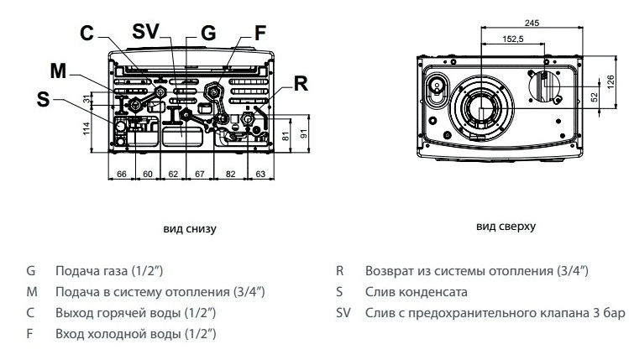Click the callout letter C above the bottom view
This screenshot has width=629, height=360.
coord(88,34)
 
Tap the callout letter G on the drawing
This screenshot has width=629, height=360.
coord(208,34)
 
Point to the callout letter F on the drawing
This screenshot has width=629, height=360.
coord(260,34)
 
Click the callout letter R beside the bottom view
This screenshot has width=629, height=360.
coord(301,84)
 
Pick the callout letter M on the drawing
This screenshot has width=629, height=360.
coord(58,69)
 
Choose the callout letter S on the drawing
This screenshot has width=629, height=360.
coord(44,98)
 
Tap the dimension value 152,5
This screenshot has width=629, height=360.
coord(513,39)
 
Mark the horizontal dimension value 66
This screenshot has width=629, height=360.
coord(121,174)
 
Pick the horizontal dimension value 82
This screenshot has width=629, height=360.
coord(230,174)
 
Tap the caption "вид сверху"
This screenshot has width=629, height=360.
coord(506,227)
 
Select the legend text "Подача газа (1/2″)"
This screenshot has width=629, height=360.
coord(108,271)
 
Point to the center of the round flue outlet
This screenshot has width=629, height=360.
coord(481,109)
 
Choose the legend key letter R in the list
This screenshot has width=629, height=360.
coord(340,271)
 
